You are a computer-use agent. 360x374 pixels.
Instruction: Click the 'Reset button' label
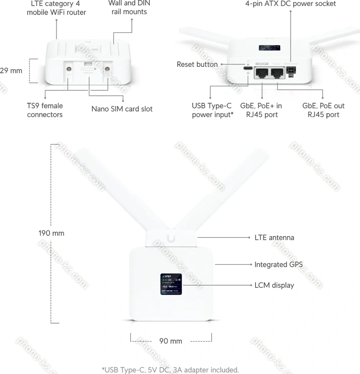click(x=197, y=64)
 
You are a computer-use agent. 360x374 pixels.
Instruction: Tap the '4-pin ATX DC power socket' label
click(x=290, y=4)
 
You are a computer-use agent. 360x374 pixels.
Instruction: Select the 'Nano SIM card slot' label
click(x=122, y=109)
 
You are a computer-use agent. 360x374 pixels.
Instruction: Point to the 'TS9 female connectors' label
click(x=45, y=110)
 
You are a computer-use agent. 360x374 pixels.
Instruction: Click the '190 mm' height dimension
click(x=51, y=233)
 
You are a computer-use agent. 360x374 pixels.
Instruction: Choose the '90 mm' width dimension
click(x=171, y=341)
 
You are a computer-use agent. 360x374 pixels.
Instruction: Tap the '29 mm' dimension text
click(x=11, y=70)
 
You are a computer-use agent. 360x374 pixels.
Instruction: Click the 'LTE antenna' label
click(x=274, y=237)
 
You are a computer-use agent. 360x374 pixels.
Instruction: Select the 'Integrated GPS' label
click(x=279, y=264)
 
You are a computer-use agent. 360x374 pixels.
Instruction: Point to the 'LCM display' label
click(x=274, y=285)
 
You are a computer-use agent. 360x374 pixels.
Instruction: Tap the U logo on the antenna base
click(x=172, y=238)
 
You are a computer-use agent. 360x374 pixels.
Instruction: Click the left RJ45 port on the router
click(x=262, y=73)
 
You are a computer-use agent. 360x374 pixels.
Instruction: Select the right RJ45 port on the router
click(x=278, y=73)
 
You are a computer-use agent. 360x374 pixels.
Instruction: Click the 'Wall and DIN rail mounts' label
click(x=129, y=7)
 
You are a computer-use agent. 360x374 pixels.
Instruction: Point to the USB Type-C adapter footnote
click(x=170, y=370)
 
